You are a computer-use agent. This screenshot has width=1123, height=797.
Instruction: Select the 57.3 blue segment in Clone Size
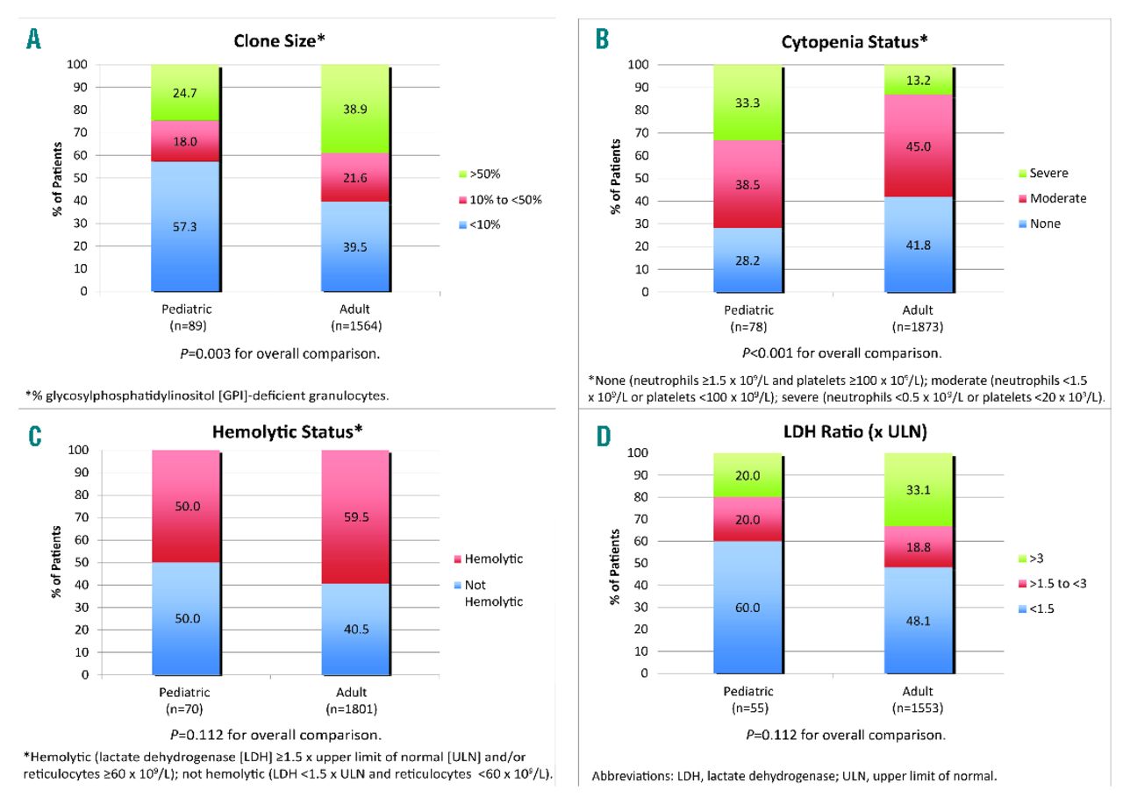pyautogui.click(x=185, y=226)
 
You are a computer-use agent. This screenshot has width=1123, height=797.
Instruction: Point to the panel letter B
pyautogui.click(x=603, y=39)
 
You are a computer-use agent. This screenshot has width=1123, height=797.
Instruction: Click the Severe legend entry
pyautogui.click(x=1048, y=174)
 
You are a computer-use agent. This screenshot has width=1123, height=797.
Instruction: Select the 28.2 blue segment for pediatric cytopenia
pyautogui.click(x=748, y=260)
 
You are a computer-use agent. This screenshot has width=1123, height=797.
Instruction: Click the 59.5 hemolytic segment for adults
pyautogui.click(x=354, y=516)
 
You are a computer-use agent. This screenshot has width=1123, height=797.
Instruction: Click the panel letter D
pyautogui.click(x=604, y=436)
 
